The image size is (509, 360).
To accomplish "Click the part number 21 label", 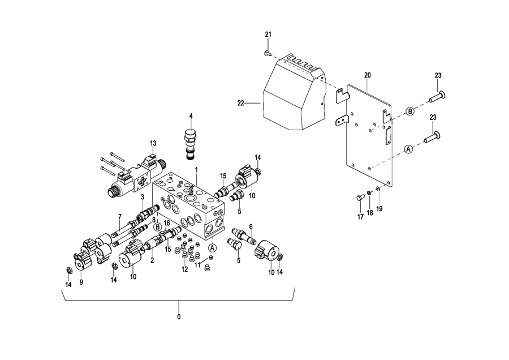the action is point(268,35).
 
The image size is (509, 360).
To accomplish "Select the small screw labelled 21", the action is point(268,53).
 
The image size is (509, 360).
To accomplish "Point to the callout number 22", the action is point(240,103).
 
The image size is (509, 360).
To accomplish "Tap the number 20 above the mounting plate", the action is point(367,75).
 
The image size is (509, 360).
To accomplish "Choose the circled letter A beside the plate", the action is point(408,149).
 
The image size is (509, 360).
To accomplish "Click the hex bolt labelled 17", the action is point(360,197).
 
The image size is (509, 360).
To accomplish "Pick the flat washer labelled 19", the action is point(378,188).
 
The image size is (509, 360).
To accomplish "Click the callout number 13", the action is point(153,143).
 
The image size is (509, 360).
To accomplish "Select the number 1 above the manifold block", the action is point(196,170).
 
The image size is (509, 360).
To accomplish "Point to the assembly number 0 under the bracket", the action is point(179,317).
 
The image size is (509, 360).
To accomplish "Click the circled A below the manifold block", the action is point(212,248).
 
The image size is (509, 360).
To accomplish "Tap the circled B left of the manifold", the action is point(158,226).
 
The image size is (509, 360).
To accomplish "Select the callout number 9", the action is point(81,282).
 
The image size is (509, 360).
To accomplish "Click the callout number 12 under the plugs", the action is point(185,269).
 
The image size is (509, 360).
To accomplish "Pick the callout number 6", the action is point(251,227).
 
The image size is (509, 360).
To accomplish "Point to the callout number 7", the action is point(120,216).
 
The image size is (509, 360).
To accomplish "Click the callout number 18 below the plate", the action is point(370,213).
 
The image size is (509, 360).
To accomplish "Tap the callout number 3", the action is point(142,197).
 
